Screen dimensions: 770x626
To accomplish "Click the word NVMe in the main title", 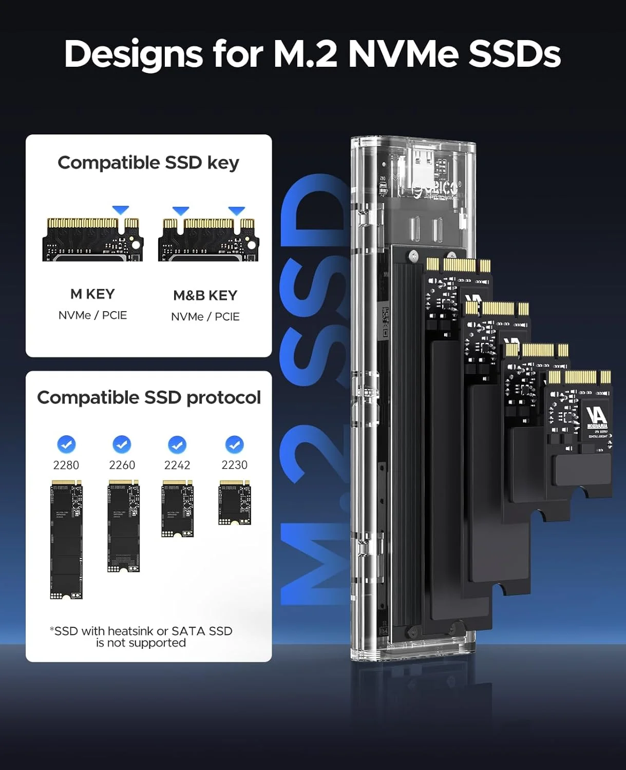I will click(x=404, y=54).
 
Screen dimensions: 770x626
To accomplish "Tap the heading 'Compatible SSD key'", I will click(x=148, y=163).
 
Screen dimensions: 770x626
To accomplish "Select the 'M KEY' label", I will click(x=92, y=294).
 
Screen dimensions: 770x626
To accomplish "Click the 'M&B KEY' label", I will click(x=205, y=296).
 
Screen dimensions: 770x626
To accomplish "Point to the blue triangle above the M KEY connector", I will click(x=121, y=210).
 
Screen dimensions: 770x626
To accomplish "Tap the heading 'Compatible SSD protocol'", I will click(x=149, y=398).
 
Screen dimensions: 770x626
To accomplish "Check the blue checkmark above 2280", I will click(x=66, y=445).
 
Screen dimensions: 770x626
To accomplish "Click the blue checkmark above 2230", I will click(x=234, y=445).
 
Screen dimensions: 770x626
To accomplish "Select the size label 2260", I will click(x=122, y=465).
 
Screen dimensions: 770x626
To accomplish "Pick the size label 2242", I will click(x=177, y=465).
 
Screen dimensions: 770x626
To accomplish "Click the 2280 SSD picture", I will click(x=66, y=540).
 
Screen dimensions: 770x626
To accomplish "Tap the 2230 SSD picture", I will click(x=235, y=503).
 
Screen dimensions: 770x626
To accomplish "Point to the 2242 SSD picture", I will click(x=177, y=509).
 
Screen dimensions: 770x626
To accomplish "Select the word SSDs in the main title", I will click(x=514, y=54).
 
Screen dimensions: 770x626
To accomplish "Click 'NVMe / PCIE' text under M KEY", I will click(x=92, y=315).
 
